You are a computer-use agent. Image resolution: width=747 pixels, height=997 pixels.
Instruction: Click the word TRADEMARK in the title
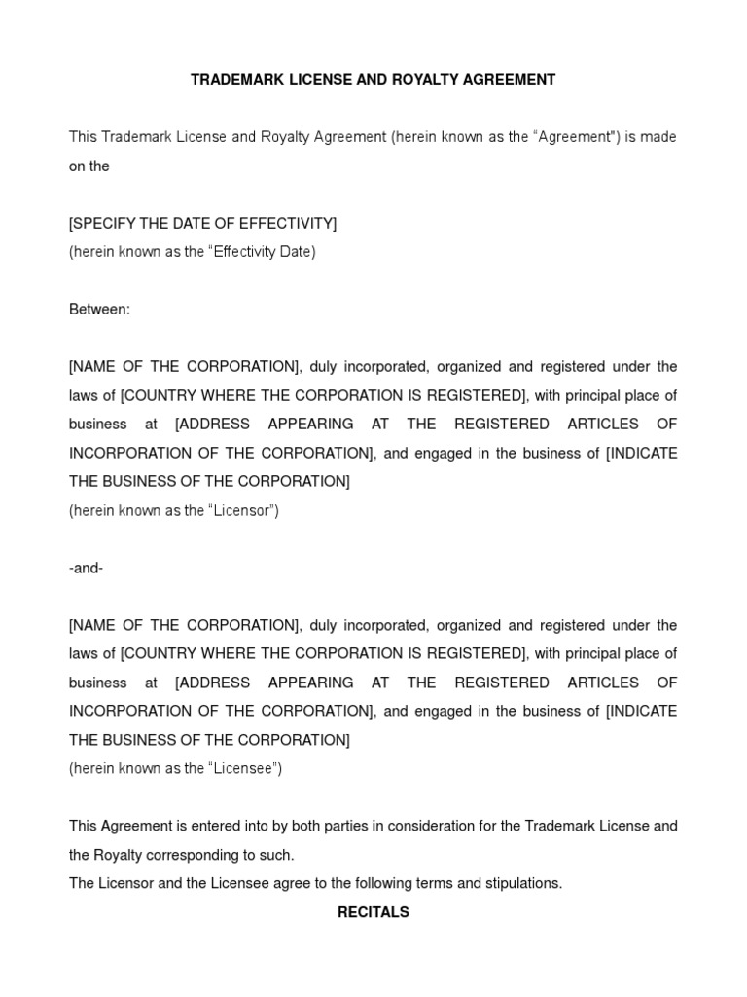[x=233, y=80]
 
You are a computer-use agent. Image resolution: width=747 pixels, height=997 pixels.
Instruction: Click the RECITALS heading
[x=373, y=912]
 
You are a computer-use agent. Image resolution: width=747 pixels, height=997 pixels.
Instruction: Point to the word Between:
[x=99, y=310]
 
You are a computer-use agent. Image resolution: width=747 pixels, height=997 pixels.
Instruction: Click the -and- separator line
[x=87, y=568]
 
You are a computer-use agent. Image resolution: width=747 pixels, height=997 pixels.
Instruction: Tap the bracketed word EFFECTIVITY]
[x=294, y=224]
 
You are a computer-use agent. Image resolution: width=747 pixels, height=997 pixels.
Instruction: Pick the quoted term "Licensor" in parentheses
[x=240, y=510]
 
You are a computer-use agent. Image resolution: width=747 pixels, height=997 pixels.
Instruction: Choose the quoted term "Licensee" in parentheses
[x=242, y=768]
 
